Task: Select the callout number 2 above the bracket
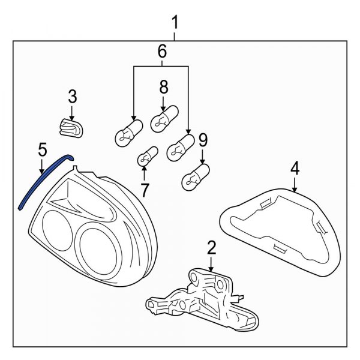211,247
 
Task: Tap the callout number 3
72,95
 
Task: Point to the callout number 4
294,169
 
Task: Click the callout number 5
41,148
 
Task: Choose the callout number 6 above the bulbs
161,53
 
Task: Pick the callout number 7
144,190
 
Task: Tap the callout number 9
202,141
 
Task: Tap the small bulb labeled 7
146,158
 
